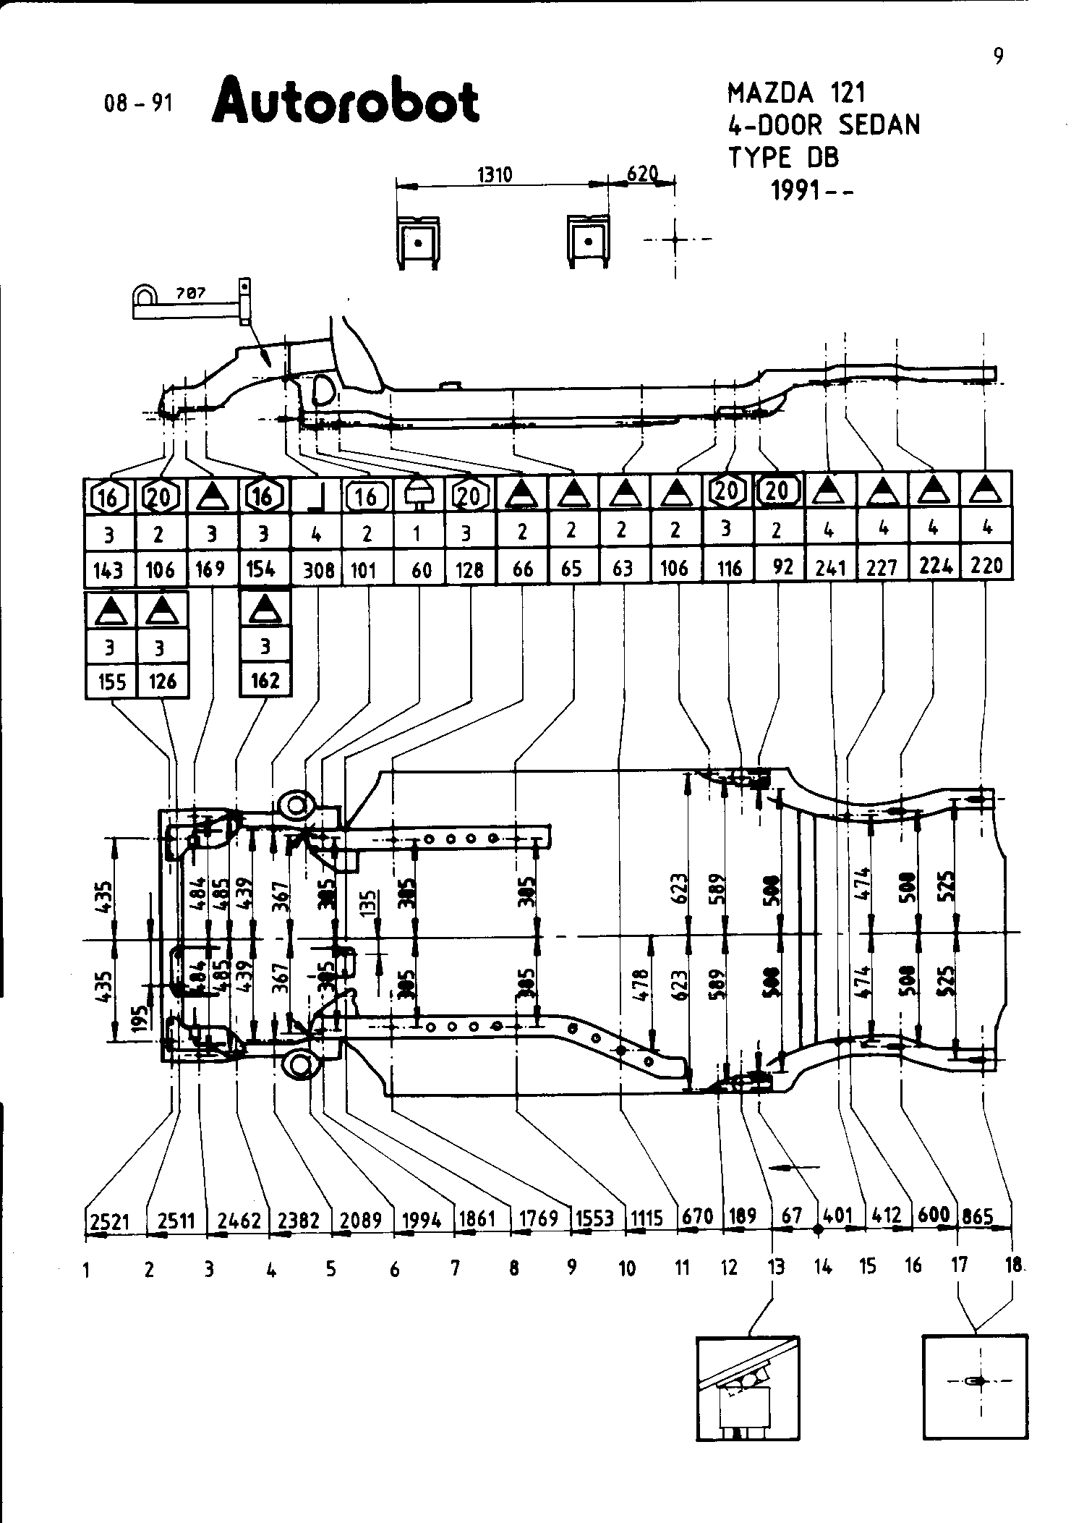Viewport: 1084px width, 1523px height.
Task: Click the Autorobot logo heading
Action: [x=346, y=102]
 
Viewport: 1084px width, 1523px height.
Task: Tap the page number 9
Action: [x=998, y=56]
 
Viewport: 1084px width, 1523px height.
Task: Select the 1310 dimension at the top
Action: [x=495, y=175]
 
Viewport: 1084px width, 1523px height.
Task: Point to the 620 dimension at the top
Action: [x=641, y=174]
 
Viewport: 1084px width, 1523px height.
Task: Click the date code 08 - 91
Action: [x=138, y=103]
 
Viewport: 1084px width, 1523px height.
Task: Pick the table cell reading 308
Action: [x=318, y=570]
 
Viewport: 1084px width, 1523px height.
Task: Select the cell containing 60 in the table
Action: [x=421, y=570]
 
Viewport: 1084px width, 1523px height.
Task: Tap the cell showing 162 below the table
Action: [x=265, y=681]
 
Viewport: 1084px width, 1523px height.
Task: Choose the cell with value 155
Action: [x=111, y=682]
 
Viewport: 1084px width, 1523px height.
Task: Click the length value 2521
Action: [x=110, y=1222]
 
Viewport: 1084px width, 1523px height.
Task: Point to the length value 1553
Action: [x=594, y=1218]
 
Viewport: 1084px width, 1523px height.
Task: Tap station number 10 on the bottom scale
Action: [x=627, y=1268]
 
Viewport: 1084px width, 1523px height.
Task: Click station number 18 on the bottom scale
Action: [x=1014, y=1265]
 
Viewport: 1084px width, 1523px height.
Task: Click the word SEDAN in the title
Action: [x=879, y=125]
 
